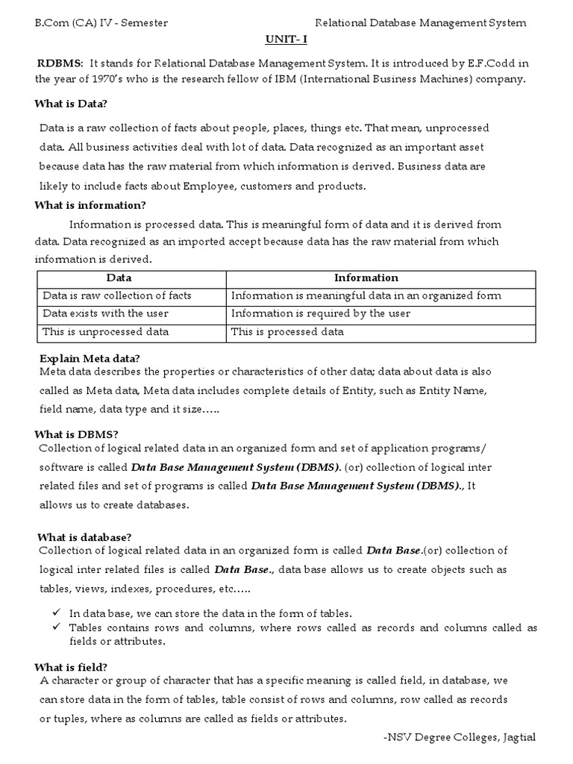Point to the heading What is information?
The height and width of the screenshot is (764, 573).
(x=90, y=205)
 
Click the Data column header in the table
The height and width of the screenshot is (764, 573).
(x=119, y=278)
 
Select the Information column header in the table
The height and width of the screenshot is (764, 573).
(x=366, y=278)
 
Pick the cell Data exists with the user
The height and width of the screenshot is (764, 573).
(x=105, y=313)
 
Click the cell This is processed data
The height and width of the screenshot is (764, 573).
(x=287, y=331)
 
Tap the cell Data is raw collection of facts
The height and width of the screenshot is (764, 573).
(x=116, y=295)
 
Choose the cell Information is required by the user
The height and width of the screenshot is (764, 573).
(x=320, y=313)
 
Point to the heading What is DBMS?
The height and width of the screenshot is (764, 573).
(x=78, y=434)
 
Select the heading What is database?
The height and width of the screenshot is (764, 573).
(x=85, y=537)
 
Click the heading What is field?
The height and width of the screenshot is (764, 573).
(x=72, y=667)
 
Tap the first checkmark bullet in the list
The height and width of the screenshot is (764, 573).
(x=57, y=613)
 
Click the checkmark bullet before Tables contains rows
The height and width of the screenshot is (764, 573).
(x=57, y=627)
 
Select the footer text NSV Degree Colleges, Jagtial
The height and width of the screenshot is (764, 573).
(x=459, y=737)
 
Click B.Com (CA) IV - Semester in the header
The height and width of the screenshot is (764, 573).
(x=101, y=23)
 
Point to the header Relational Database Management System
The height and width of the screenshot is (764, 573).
(x=421, y=23)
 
